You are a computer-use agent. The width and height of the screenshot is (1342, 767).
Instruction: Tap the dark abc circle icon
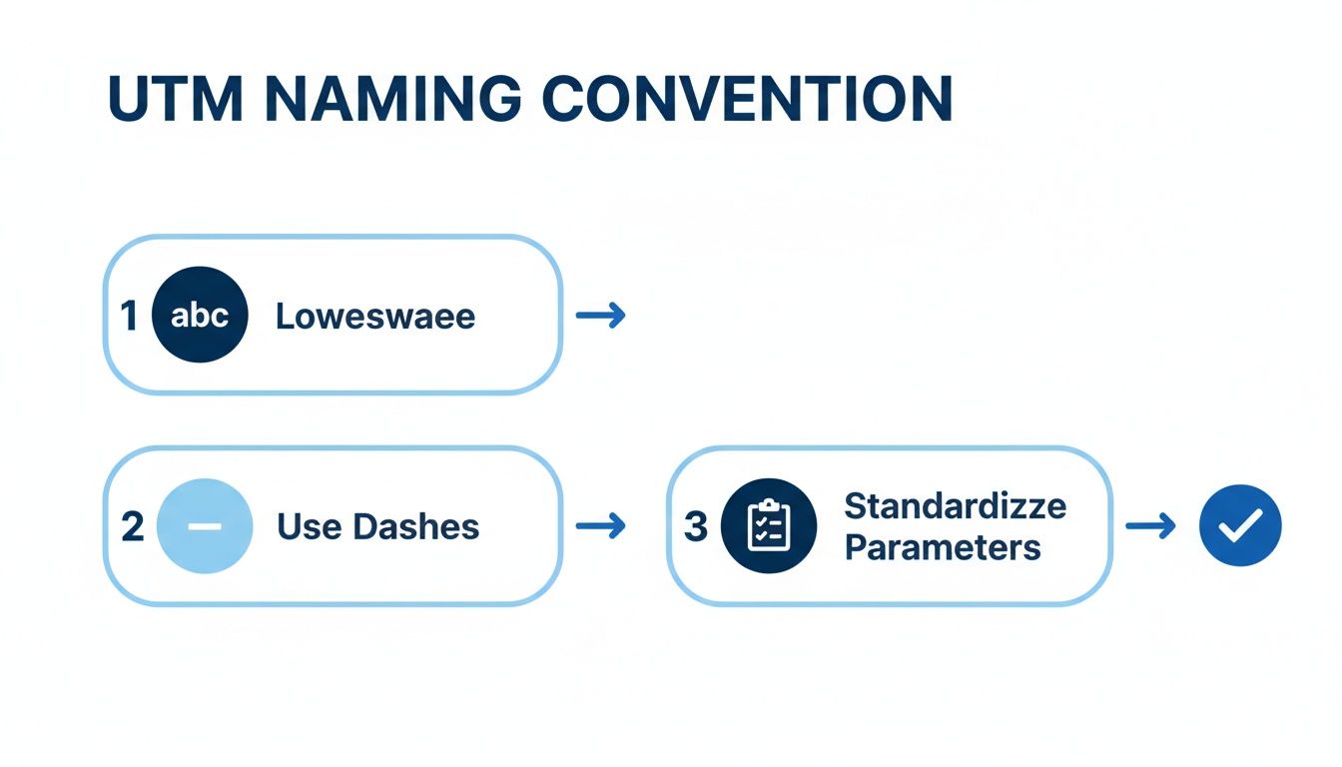click(200, 315)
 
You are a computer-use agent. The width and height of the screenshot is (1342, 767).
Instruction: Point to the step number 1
click(128, 316)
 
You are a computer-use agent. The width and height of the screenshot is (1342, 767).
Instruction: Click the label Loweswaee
click(375, 317)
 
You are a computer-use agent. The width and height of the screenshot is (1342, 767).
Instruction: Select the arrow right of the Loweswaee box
click(601, 316)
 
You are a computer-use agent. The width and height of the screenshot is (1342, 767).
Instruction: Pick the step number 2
click(132, 526)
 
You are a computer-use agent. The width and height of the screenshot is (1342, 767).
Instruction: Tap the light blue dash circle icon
click(204, 526)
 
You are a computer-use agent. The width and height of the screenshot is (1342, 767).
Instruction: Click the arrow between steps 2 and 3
click(601, 526)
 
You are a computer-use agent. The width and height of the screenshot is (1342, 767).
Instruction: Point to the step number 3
click(695, 526)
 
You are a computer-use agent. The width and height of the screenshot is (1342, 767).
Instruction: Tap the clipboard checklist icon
click(769, 526)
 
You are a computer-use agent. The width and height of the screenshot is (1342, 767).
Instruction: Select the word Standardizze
click(955, 505)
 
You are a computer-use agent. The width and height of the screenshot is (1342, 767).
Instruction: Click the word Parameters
click(943, 547)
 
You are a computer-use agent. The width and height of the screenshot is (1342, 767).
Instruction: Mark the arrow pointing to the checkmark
click(1150, 526)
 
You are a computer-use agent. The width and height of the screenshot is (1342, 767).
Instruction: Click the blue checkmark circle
click(1239, 525)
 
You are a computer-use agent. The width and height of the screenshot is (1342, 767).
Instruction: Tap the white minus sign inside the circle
click(204, 526)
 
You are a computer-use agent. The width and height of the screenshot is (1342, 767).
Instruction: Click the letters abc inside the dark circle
click(200, 316)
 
